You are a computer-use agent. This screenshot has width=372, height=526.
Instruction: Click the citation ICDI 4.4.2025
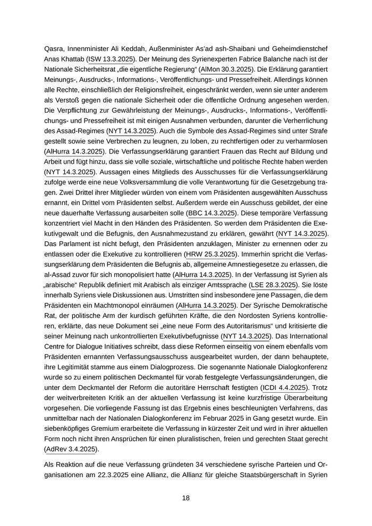(x=287, y=404)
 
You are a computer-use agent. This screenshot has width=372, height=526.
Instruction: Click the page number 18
(x=185, y=498)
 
